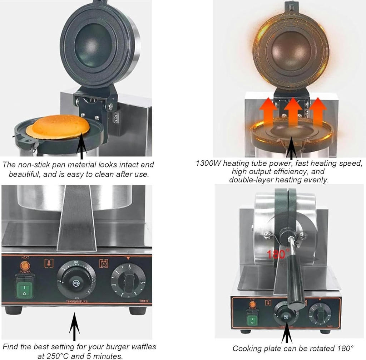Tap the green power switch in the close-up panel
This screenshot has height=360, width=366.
[24, 287]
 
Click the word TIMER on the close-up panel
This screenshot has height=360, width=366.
[143, 301]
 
